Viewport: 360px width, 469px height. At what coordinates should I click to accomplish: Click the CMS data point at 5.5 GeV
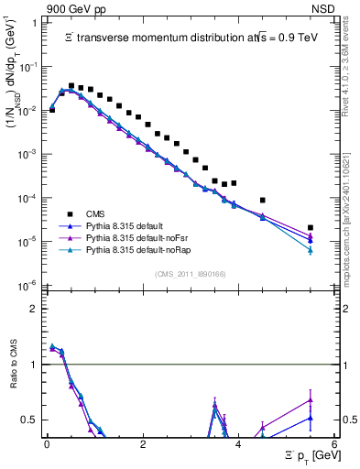point(311,227)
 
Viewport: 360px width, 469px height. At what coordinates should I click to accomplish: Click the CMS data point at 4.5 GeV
point(263,200)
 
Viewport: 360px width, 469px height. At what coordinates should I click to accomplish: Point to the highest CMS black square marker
point(71,86)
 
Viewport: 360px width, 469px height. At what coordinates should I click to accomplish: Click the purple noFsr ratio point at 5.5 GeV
point(311,399)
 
